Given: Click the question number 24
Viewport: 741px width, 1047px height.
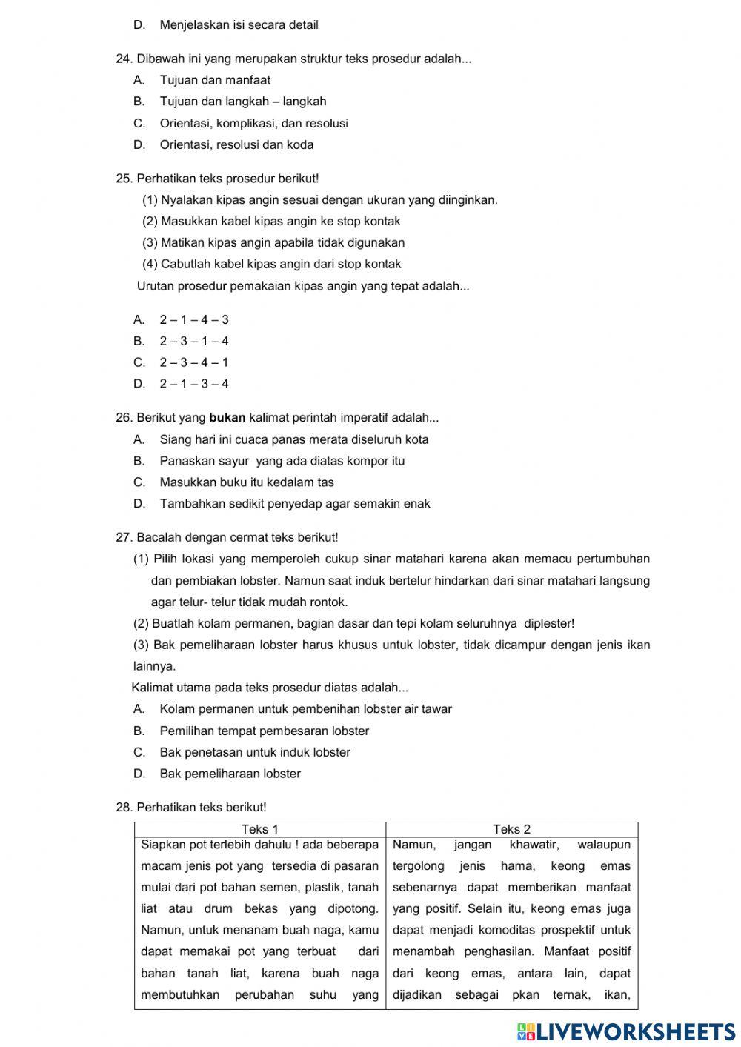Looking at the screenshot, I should [x=124, y=59].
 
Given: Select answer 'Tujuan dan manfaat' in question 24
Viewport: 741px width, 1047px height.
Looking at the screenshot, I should [x=215, y=80].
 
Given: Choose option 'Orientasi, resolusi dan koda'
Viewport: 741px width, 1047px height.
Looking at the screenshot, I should [x=236, y=145].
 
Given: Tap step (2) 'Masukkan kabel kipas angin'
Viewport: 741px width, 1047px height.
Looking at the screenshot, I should [x=271, y=222].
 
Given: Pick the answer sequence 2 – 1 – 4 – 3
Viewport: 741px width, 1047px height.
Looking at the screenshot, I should [x=194, y=320].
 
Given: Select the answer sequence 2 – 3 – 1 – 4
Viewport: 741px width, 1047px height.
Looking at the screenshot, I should [x=194, y=342].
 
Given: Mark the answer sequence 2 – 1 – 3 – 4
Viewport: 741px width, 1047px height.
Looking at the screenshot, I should [x=194, y=384].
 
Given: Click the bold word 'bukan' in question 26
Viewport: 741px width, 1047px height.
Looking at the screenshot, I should [x=227, y=418].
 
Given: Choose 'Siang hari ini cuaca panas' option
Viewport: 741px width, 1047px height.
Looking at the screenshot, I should [x=293, y=439].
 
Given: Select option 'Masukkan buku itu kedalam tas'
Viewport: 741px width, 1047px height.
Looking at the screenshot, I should [x=247, y=482].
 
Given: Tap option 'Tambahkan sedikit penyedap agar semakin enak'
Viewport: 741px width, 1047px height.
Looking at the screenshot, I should [x=295, y=504].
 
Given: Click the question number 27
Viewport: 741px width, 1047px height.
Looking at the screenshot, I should [x=124, y=537].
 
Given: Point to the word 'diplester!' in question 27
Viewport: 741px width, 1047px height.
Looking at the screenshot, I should [x=549, y=624].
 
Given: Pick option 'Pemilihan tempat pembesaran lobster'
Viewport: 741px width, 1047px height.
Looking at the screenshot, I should [x=264, y=731].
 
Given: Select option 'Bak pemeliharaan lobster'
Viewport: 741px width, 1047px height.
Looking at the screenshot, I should [x=230, y=774].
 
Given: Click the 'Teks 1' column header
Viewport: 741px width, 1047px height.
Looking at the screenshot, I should [x=260, y=830].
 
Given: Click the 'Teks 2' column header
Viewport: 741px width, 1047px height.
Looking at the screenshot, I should [x=512, y=830].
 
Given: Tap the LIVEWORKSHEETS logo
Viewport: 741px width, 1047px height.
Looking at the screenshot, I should [x=626, y=1031].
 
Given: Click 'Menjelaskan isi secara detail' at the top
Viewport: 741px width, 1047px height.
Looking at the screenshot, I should [x=239, y=25].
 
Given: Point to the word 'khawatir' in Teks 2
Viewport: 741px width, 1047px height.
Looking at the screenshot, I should [x=534, y=845].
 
